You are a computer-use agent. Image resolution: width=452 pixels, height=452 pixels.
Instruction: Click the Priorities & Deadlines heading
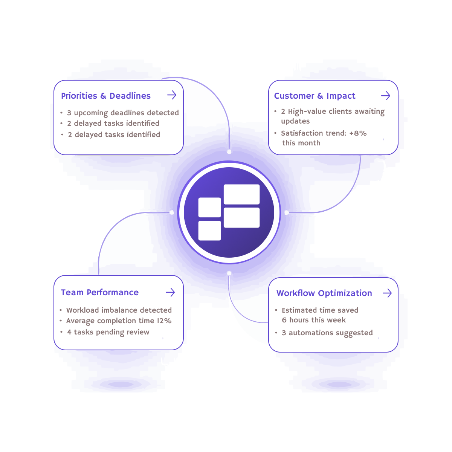(106, 96)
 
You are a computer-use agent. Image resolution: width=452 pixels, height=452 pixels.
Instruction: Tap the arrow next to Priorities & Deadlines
(172, 95)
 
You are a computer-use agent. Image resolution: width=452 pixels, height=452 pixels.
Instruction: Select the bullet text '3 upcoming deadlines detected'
(123, 113)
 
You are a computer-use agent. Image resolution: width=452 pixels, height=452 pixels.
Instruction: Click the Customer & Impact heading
(315, 96)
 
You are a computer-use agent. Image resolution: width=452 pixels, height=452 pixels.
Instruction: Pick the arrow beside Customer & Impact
(386, 96)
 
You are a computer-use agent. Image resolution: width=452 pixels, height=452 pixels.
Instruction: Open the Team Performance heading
(100, 293)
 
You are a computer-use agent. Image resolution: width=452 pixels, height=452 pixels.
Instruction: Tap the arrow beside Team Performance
(170, 292)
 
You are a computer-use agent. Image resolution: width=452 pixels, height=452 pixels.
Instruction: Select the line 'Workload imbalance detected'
(119, 310)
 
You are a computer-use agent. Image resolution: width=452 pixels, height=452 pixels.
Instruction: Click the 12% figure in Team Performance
(164, 321)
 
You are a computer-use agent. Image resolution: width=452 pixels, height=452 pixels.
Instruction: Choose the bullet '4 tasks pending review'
(108, 332)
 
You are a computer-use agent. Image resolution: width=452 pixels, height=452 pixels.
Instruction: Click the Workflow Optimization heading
(324, 293)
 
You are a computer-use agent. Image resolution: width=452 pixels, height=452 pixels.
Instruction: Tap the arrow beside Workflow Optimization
(387, 293)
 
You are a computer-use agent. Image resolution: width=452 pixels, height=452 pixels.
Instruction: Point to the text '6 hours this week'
(314, 320)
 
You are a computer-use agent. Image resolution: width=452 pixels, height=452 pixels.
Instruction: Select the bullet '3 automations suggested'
(327, 333)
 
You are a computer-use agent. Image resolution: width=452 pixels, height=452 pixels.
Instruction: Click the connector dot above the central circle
(229, 152)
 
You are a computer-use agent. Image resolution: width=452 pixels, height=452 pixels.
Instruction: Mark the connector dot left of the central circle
(172, 213)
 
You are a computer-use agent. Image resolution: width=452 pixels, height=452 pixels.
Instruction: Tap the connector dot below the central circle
(229, 273)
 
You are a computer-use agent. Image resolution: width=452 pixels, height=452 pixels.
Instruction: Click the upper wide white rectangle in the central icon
(241, 194)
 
